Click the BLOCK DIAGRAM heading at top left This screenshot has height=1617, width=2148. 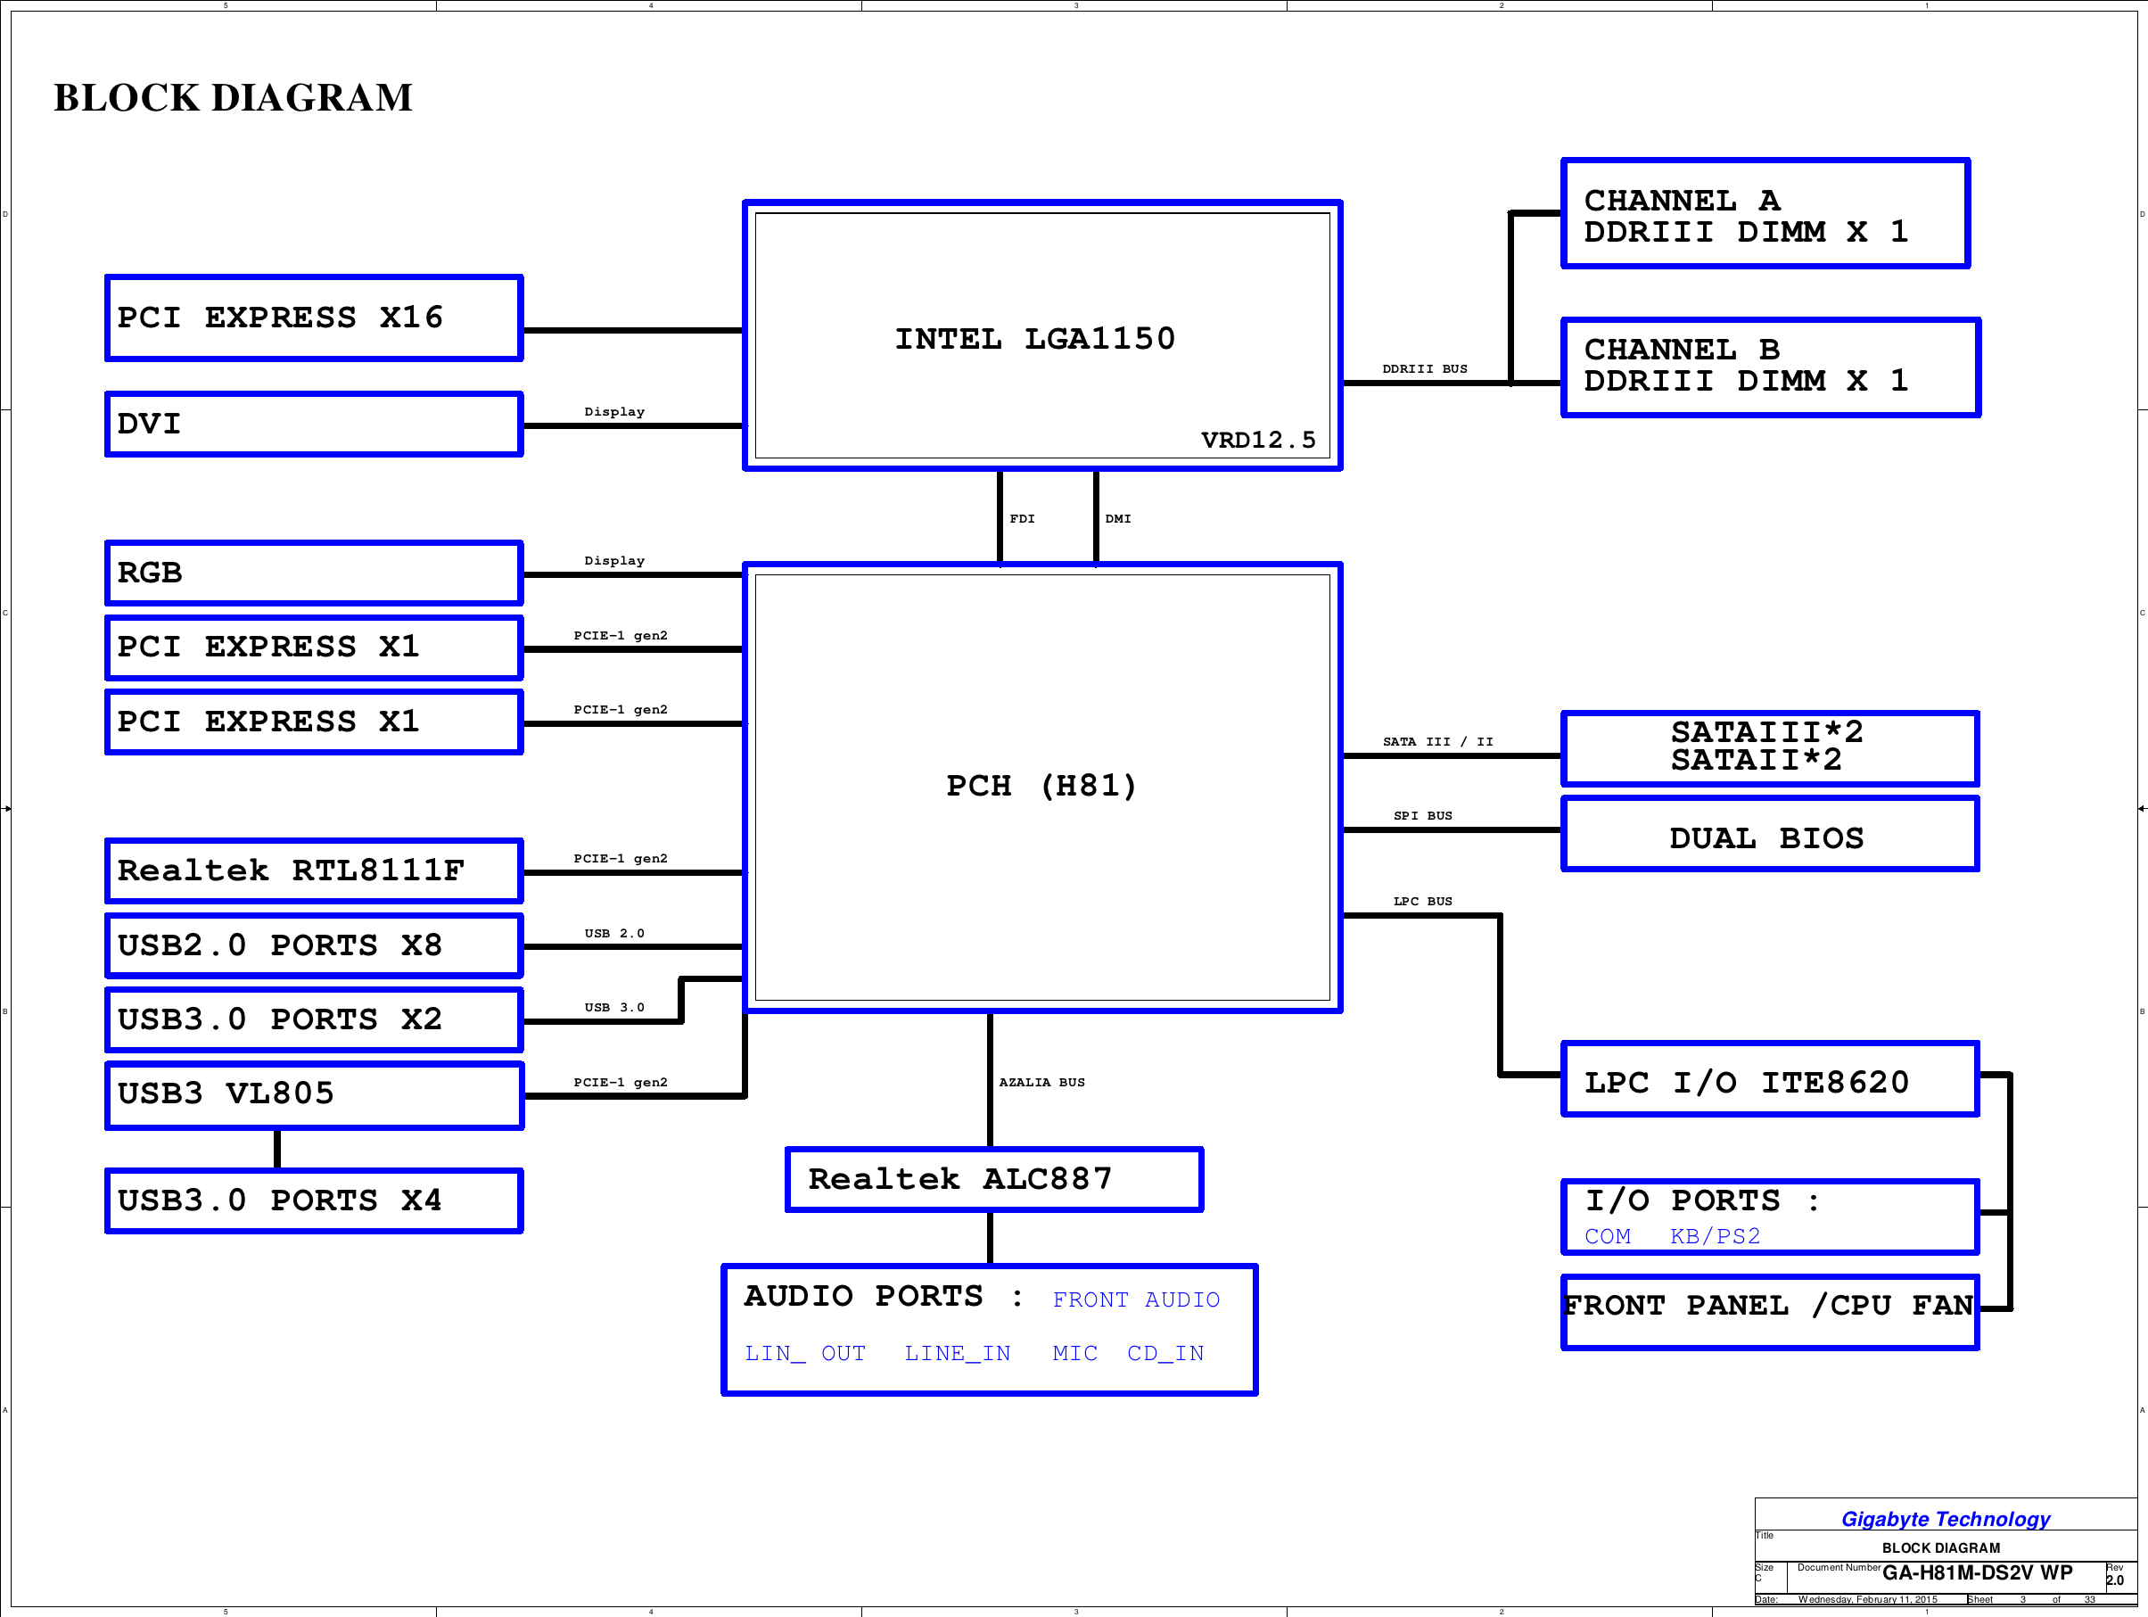[x=233, y=98]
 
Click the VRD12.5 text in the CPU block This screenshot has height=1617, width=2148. [x=1258, y=440]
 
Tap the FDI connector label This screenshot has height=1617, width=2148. [x=1023, y=518]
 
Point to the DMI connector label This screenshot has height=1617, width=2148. [x=1118, y=518]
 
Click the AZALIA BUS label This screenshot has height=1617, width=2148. [x=1042, y=1082]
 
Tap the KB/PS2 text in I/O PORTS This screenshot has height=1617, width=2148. [x=1715, y=1236]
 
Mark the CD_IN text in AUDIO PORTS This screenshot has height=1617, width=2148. [x=1165, y=1353]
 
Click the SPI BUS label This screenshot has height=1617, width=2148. [x=1422, y=816]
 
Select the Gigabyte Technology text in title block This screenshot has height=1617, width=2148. [x=1946, y=1519]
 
